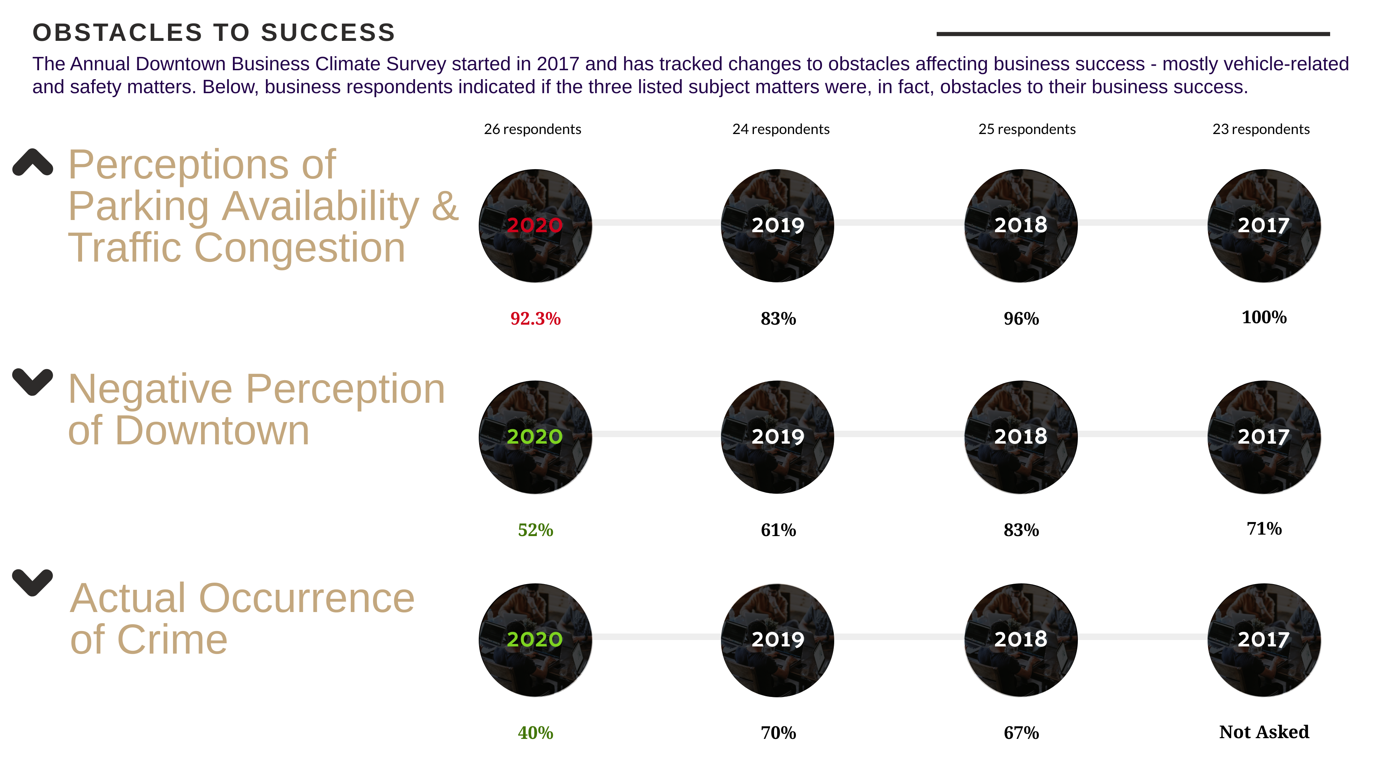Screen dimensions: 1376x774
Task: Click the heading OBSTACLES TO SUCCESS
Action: [214, 33]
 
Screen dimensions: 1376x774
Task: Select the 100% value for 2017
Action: [1264, 317]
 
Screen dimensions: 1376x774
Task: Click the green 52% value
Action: [535, 530]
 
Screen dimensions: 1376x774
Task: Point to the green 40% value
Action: [535, 733]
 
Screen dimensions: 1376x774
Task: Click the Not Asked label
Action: [1264, 732]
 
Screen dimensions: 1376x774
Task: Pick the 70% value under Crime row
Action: [778, 733]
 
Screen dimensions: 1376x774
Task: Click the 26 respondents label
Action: [532, 129]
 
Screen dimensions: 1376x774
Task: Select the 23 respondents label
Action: [1261, 129]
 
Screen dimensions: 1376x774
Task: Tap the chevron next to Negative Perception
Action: [33, 382]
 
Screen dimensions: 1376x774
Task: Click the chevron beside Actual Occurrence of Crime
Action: [33, 583]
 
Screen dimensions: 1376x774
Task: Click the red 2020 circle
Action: [535, 225]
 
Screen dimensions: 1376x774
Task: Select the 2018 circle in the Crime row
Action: [1021, 640]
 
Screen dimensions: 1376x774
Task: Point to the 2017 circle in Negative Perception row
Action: [1264, 437]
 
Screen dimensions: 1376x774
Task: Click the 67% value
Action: [1021, 733]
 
